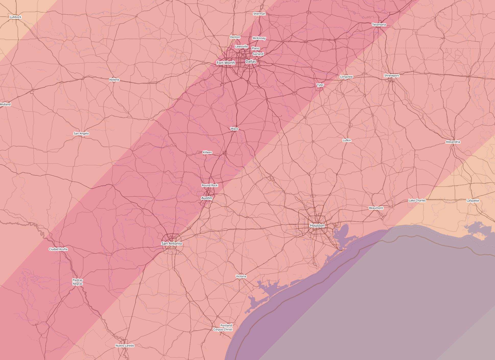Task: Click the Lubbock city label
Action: tap(16, 17)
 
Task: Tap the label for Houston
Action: tap(317, 225)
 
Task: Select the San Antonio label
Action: tap(172, 244)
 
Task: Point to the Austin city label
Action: tap(207, 198)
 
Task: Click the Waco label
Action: tap(234, 129)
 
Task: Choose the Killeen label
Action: tap(207, 152)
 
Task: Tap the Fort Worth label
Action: tap(226, 63)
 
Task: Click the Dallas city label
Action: tap(250, 62)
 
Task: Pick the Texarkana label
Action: tap(379, 25)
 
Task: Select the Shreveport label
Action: tap(392, 76)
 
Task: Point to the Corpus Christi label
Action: tap(223, 329)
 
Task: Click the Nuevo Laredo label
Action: tap(125, 346)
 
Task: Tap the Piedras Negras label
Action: tap(77, 282)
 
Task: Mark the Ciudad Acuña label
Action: tap(58, 249)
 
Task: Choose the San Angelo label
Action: tap(81, 134)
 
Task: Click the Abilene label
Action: tap(114, 80)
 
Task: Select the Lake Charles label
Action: tap(417, 200)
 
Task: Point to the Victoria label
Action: tap(241, 276)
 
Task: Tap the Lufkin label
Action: tap(347, 140)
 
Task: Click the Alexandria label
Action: tap(453, 142)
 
